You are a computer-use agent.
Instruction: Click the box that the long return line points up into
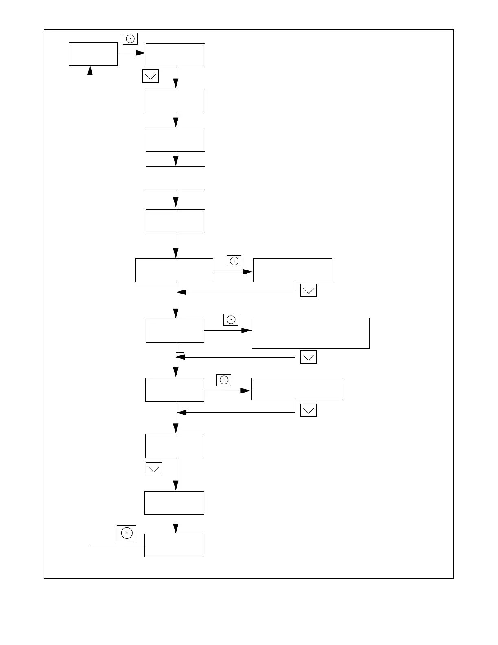coord(93,54)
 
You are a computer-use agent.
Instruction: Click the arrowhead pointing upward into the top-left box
coord(90,70)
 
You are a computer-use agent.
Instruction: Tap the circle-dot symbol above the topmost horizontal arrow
coord(130,39)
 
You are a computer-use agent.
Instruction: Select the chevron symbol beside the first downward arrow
coord(150,76)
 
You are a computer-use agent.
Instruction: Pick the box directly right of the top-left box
coord(175,55)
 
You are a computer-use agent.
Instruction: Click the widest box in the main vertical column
coord(174,270)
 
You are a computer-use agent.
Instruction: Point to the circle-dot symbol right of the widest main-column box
coord(234,261)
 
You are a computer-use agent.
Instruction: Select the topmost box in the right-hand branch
coord(293,270)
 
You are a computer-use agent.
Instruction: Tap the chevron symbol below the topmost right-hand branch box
coord(308,290)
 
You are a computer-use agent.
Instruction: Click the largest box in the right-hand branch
coord(310,333)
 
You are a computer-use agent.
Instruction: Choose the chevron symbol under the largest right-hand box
coord(308,357)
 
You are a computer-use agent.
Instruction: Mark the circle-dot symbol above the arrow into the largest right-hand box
coord(231,320)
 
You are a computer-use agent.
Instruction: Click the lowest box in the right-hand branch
coord(297,389)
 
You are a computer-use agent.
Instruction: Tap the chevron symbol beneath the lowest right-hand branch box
coord(308,410)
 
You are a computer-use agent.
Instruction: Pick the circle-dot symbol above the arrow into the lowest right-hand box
coord(224,380)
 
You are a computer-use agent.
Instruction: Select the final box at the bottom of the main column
coord(174,545)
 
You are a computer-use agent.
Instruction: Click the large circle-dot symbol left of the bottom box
coord(127,533)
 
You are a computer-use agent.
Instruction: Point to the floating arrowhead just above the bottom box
coord(176,528)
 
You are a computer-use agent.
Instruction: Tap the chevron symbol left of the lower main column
coord(153,469)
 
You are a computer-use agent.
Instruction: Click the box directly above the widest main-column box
coord(175,221)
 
